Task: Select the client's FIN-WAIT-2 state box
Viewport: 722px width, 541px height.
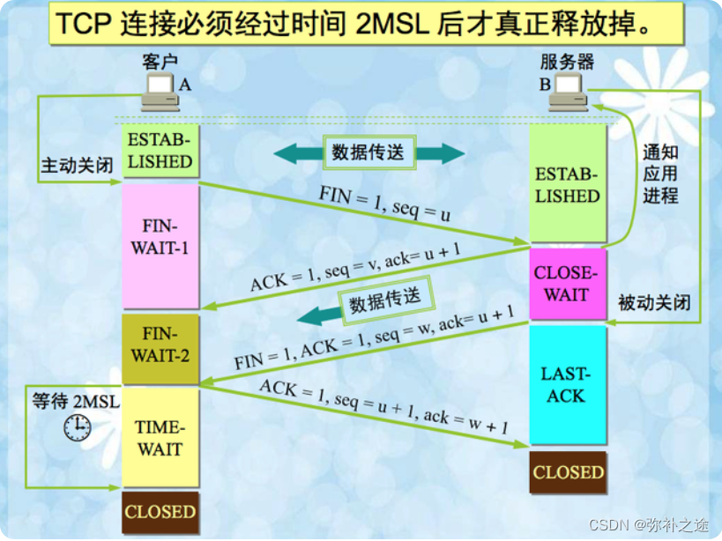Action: pos(160,348)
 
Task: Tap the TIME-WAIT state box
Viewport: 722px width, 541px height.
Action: pos(160,438)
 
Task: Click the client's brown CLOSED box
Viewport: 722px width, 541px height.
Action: pos(160,512)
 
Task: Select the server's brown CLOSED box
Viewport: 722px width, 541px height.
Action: pos(568,472)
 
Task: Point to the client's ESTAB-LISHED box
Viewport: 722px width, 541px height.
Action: pos(160,151)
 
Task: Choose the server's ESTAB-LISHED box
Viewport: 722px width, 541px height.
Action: pos(567,184)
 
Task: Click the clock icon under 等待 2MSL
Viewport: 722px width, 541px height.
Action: pos(77,427)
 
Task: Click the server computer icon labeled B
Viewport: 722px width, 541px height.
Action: pos(568,92)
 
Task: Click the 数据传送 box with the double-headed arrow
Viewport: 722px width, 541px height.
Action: pos(369,152)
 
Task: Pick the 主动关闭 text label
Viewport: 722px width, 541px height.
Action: pos(78,166)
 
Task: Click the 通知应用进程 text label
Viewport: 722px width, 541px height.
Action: pos(660,173)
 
